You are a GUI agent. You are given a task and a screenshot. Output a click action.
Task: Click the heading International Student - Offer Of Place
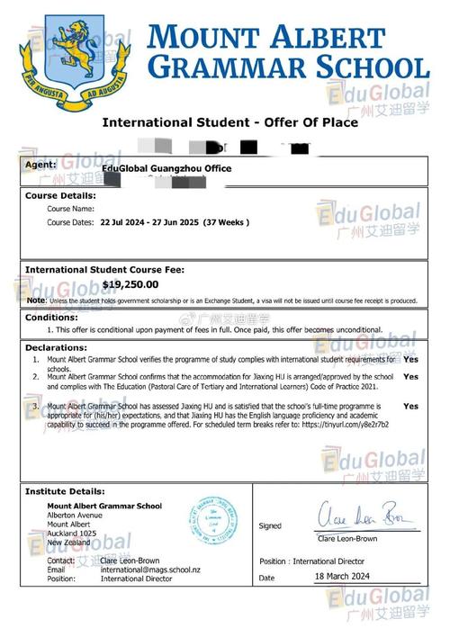[x=229, y=122]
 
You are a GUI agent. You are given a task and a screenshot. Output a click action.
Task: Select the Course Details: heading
[x=60, y=195]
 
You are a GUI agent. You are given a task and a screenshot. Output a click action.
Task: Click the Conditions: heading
[x=51, y=318]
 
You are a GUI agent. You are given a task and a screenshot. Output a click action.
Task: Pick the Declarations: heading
[x=56, y=346]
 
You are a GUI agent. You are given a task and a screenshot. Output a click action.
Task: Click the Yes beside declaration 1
[x=410, y=359]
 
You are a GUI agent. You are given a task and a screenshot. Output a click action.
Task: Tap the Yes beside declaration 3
[x=410, y=407]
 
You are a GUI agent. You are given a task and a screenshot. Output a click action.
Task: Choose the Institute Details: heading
[x=66, y=492]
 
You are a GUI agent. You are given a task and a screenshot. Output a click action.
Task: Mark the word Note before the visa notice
[x=36, y=301]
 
